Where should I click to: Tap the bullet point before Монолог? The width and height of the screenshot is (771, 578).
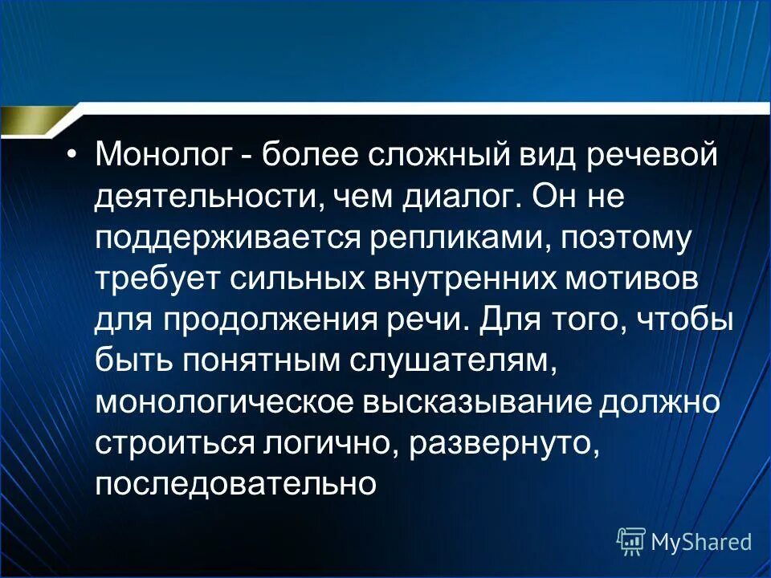(x=74, y=154)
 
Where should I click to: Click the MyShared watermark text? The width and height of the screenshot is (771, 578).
(x=701, y=542)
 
